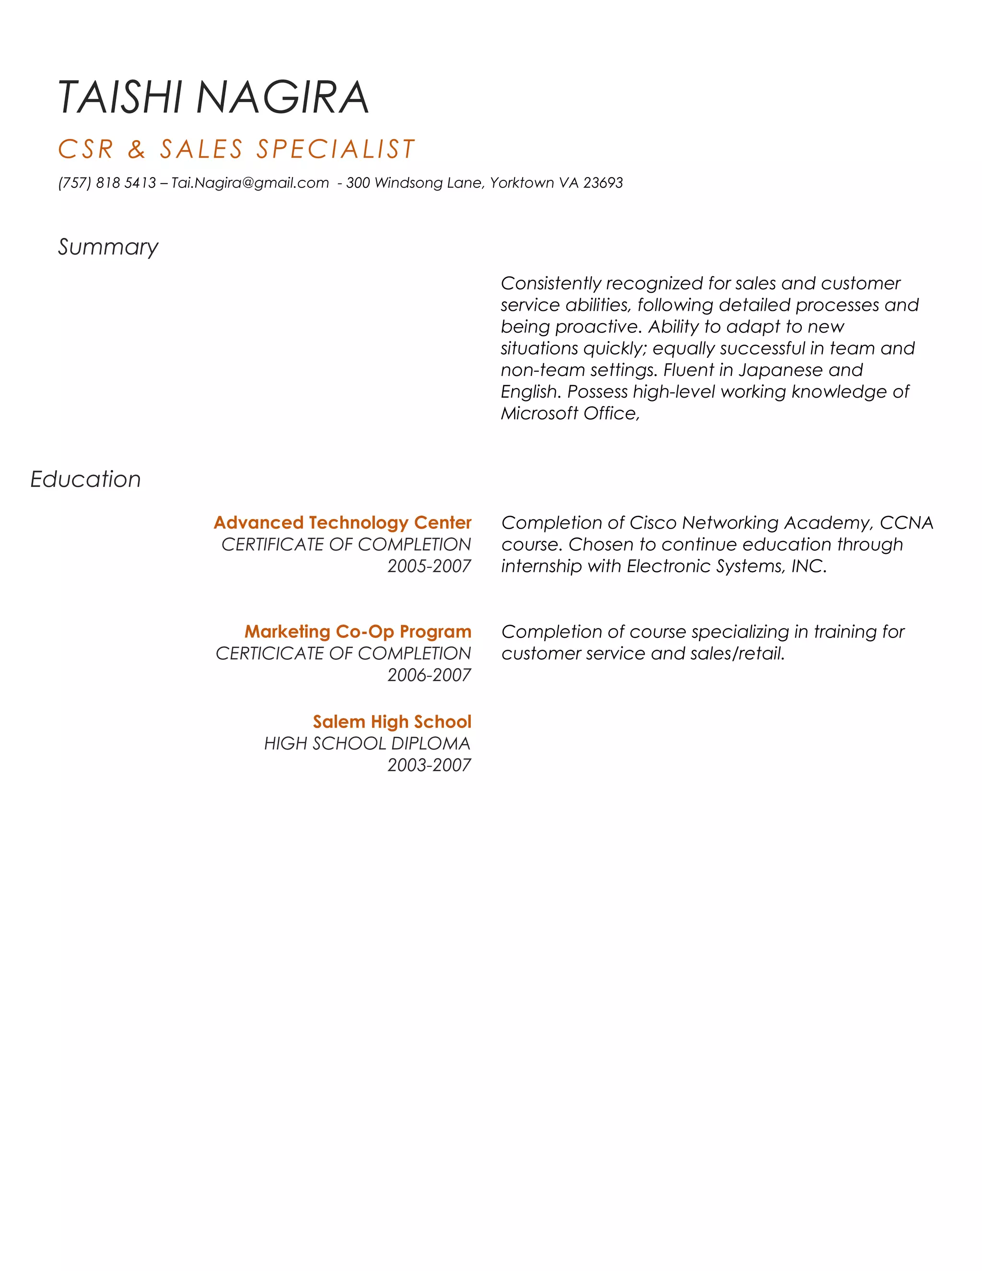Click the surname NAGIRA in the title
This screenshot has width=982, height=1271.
pos(283,97)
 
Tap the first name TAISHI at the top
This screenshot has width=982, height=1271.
pos(120,97)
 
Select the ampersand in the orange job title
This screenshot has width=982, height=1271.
pos(136,150)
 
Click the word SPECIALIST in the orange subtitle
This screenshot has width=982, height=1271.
pos(336,150)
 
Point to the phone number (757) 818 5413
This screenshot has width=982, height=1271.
pos(107,183)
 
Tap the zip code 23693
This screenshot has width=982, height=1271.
pos(603,183)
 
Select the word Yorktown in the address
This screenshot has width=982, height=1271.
pos(521,183)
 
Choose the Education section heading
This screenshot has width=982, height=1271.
pos(85,480)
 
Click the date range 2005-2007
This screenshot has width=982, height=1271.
pos(429,565)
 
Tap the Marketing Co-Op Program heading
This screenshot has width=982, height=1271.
pos(357,632)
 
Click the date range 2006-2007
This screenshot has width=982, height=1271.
pos(429,675)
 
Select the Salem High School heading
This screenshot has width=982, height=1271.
pos(392,722)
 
